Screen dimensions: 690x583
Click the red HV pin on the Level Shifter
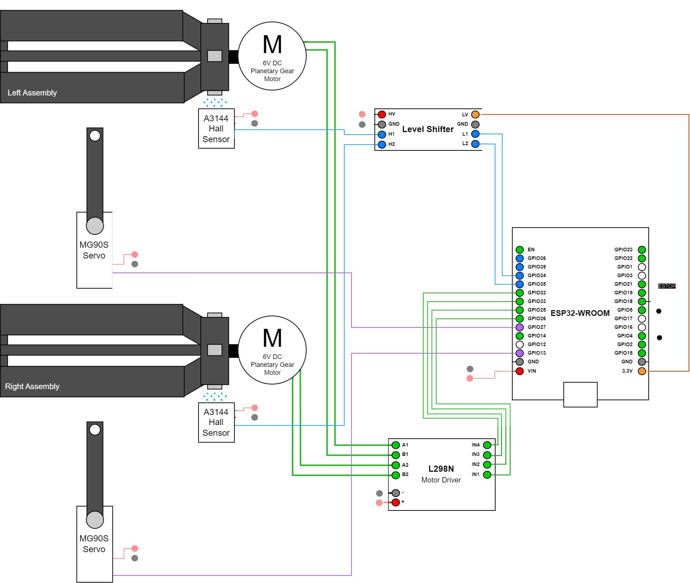382,115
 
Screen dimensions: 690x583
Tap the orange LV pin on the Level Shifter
475,115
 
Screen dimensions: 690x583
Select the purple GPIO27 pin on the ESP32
519,327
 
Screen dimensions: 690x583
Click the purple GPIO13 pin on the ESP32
519,353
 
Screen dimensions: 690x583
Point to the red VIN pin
519,371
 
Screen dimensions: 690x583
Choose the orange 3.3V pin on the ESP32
642,371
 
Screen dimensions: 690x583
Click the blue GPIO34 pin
519,276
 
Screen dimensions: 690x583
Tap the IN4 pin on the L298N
487,445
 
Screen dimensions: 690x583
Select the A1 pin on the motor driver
396,445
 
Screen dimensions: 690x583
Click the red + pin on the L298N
396,502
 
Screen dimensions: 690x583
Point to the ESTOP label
667,286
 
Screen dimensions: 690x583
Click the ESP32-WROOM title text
580,313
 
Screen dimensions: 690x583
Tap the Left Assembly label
32,93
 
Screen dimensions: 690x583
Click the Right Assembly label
32,386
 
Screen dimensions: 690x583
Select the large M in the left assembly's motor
272,45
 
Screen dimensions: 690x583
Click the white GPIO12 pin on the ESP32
519,345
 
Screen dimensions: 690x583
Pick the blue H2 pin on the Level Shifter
382,144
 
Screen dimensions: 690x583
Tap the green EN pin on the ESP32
519,250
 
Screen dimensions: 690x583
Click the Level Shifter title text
428,129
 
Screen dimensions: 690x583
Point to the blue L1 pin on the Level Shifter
475,134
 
